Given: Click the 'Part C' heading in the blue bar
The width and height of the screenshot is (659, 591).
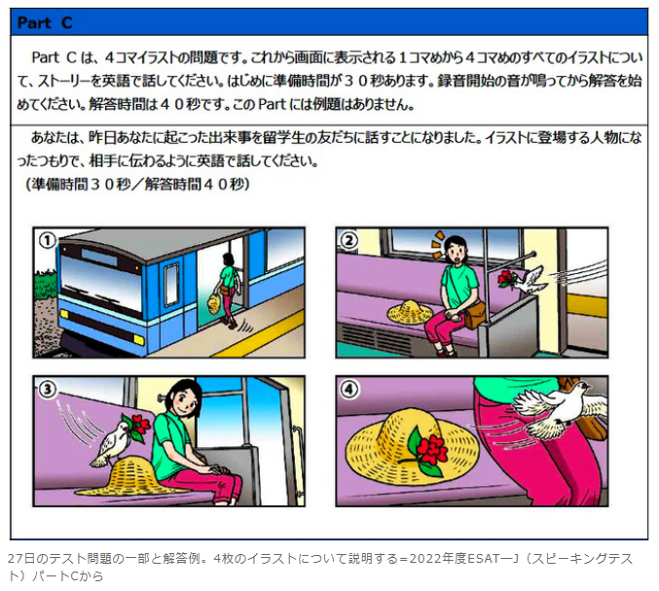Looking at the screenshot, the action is point(45,23).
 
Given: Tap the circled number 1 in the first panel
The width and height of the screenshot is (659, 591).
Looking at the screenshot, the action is point(47,240).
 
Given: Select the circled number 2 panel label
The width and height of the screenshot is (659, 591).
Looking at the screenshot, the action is point(349,240).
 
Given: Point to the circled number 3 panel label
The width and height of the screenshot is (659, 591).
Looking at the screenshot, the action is point(47,389).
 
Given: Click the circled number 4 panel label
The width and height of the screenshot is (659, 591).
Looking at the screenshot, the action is point(349,390).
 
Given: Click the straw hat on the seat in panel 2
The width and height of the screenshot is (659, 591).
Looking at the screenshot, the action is point(410,312).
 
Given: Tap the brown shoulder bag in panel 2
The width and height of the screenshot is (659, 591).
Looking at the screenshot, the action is point(474,315).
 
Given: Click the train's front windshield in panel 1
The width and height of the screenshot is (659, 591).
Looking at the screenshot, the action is point(101,278).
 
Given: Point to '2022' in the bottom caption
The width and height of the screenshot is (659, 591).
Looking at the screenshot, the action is point(425,559).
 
